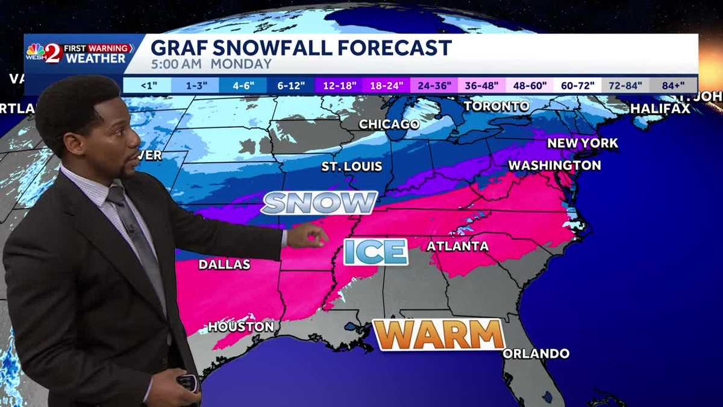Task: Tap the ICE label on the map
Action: click(376, 251)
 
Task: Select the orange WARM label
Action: click(439, 335)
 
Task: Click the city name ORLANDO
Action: click(536, 353)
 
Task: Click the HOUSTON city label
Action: click(241, 327)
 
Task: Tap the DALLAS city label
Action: click(224, 264)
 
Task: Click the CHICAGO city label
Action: click(389, 124)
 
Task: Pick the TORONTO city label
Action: click(496, 107)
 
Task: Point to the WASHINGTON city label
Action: click(554, 165)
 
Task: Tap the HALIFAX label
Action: click(660, 109)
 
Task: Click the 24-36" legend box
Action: click(434, 85)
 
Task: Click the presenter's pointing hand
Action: click(307, 236)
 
